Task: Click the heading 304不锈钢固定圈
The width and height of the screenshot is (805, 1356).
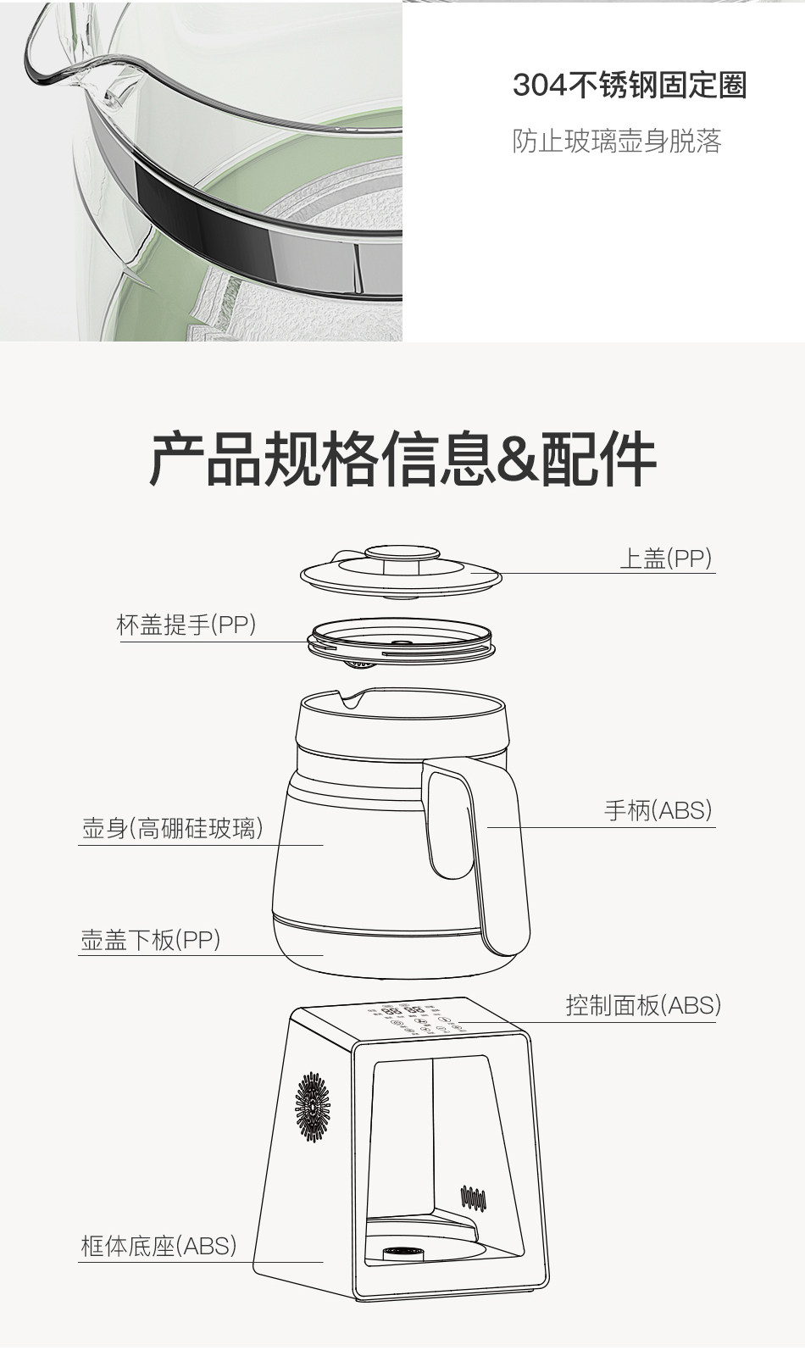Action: point(629,86)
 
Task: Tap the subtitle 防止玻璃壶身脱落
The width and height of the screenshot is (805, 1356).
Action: point(617,141)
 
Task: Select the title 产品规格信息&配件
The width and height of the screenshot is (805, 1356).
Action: point(402,458)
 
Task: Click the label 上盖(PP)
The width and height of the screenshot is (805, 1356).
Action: point(665,559)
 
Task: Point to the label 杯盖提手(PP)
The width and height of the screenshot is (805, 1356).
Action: point(186,625)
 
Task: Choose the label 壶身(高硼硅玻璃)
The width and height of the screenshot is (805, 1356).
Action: point(172,828)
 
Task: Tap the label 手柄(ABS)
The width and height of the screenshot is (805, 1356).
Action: point(658,810)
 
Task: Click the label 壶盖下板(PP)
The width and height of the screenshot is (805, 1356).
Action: point(150,939)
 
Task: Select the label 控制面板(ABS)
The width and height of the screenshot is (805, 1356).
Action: point(643,1005)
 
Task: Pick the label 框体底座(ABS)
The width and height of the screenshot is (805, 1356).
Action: point(158,1245)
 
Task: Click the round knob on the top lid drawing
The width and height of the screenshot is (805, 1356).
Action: point(402,557)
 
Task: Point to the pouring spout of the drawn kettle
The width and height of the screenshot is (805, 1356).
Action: point(350,699)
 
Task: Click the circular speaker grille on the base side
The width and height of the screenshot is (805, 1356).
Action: point(313,1105)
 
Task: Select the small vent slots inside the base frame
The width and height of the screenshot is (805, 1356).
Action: point(472,1198)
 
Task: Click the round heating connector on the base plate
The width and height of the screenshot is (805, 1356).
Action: point(402,1253)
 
